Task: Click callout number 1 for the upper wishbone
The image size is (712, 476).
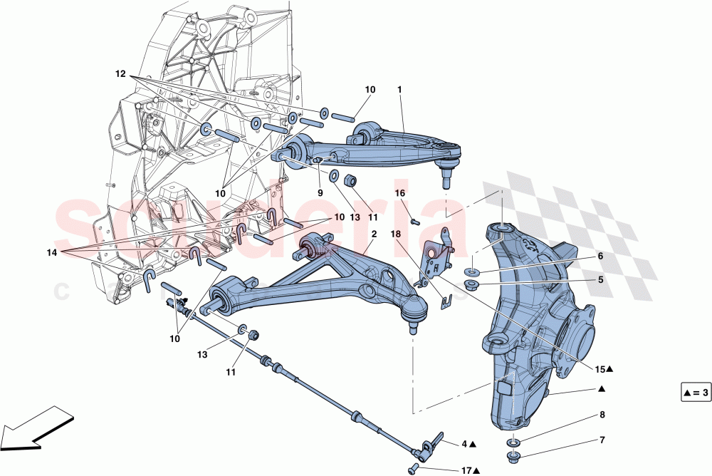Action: click(399, 90)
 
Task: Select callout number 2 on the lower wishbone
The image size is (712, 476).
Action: click(374, 234)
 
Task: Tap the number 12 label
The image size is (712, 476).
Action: click(121, 73)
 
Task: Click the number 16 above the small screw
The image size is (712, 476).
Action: click(399, 193)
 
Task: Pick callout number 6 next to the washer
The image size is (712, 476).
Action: click(600, 255)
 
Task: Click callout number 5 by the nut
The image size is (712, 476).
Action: click(600, 280)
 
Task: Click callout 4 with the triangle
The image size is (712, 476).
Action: click(468, 444)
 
